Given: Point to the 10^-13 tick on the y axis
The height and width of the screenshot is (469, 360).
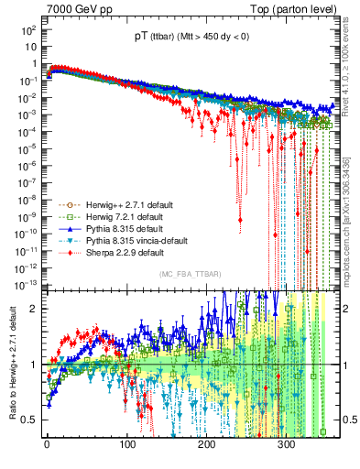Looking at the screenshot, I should coord(26,282).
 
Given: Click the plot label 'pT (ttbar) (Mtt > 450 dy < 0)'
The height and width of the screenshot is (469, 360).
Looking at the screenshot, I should coord(185,40).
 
